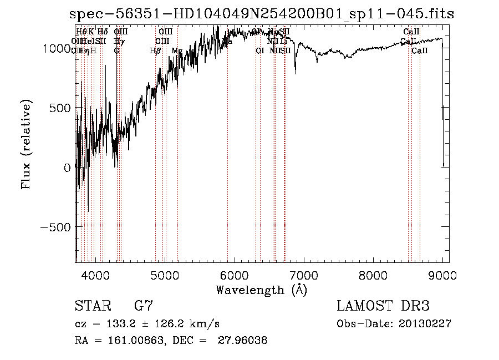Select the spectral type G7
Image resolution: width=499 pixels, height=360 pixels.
(x=143, y=306)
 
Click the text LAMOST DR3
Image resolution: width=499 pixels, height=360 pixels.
(x=383, y=306)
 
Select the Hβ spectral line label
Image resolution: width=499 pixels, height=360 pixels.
(x=155, y=51)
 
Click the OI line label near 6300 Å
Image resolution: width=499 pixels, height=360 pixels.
(x=259, y=51)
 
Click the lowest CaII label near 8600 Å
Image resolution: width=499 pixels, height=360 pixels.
(x=420, y=51)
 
